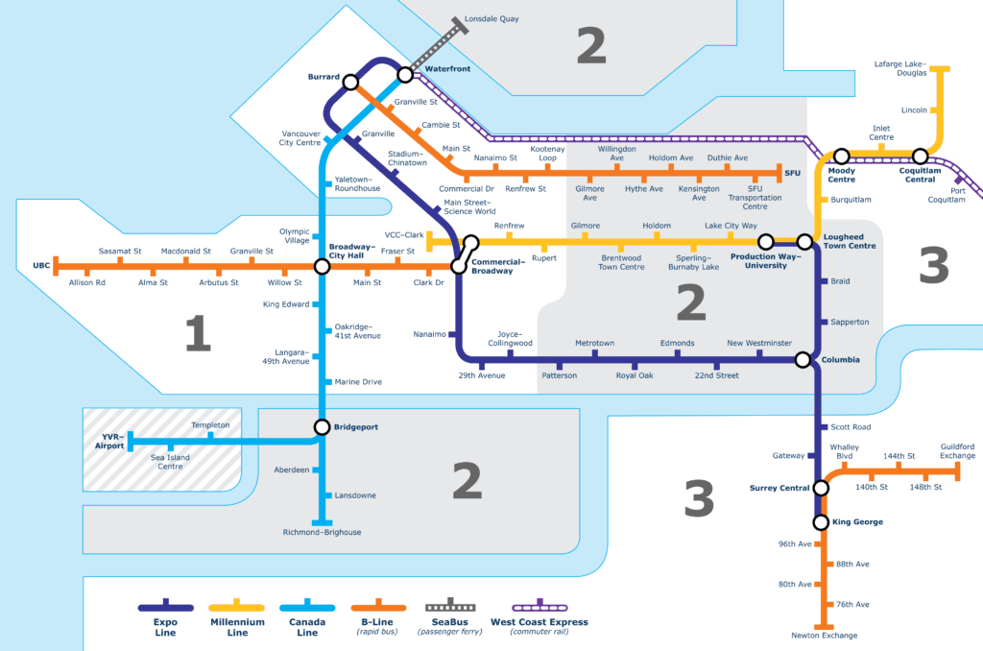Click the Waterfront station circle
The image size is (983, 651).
click(x=405, y=74)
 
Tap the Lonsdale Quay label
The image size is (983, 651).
click(x=491, y=18)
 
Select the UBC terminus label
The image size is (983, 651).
click(x=41, y=264)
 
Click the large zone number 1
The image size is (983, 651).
click(x=197, y=333)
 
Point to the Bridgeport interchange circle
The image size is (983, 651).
click(x=324, y=426)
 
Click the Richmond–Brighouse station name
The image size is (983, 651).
click(x=322, y=532)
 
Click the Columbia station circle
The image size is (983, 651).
click(x=803, y=360)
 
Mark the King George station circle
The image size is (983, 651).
click(x=821, y=522)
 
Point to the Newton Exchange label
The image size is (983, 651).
click(x=824, y=636)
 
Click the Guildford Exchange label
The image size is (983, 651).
click(x=957, y=451)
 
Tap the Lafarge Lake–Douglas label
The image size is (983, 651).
click(x=900, y=68)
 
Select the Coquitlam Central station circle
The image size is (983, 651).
click(x=920, y=156)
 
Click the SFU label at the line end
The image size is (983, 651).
click(x=792, y=173)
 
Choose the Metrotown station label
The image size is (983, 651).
click(x=594, y=343)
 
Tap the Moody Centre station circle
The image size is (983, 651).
click(x=842, y=156)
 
